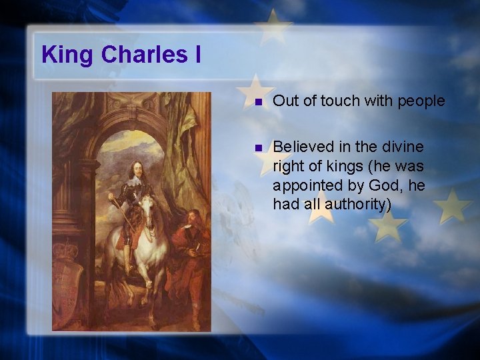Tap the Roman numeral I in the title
(197, 55)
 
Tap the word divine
(403, 146)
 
